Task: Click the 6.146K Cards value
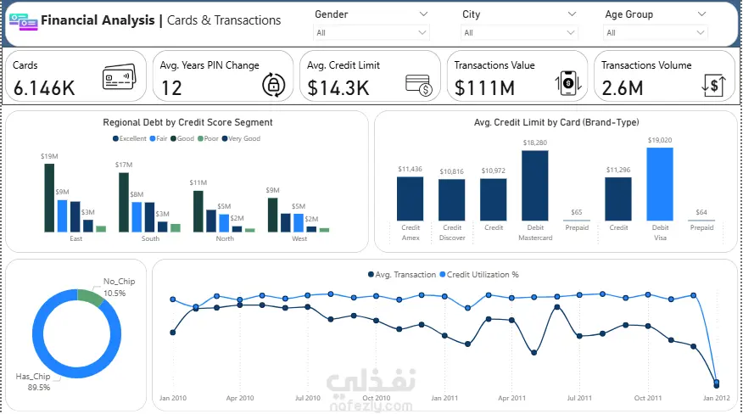(44, 87)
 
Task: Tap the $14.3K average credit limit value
(338, 87)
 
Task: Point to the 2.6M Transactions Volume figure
(623, 87)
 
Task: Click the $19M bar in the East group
(49, 198)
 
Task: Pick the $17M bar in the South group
(124, 202)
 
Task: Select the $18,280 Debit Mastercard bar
(534, 186)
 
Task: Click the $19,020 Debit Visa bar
(659, 184)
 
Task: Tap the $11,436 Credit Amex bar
(410, 199)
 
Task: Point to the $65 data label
(577, 212)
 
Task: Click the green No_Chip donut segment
(90, 297)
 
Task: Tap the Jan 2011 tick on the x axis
(444, 397)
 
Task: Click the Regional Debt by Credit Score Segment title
(187, 122)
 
